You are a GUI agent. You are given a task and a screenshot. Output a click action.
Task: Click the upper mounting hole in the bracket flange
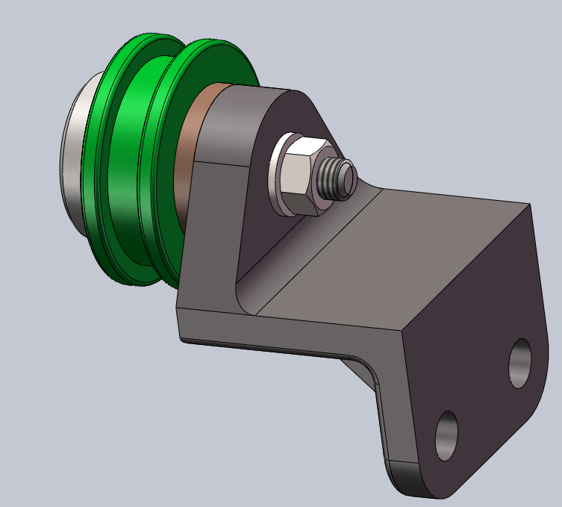coord(519,363)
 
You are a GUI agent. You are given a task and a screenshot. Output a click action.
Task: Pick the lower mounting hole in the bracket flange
coord(446,435)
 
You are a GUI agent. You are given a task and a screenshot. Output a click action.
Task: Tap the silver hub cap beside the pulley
coord(72,157)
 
